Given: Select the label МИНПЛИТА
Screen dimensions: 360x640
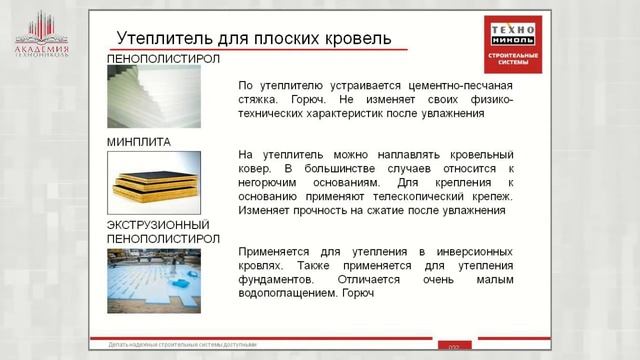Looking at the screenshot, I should pos(138,142).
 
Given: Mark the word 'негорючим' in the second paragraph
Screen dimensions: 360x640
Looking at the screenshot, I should pos(273,184).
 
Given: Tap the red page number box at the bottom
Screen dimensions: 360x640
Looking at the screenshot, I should pos(452,347).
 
